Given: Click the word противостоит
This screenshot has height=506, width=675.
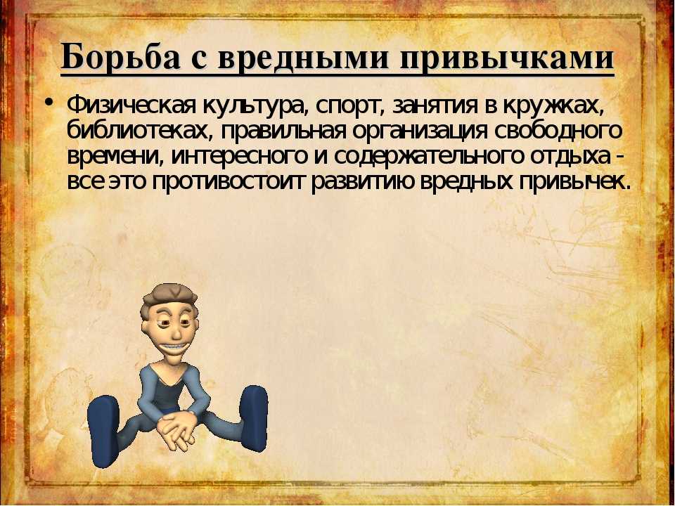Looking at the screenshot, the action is tap(228, 182).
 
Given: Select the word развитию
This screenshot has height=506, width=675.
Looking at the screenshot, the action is tap(363, 183).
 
